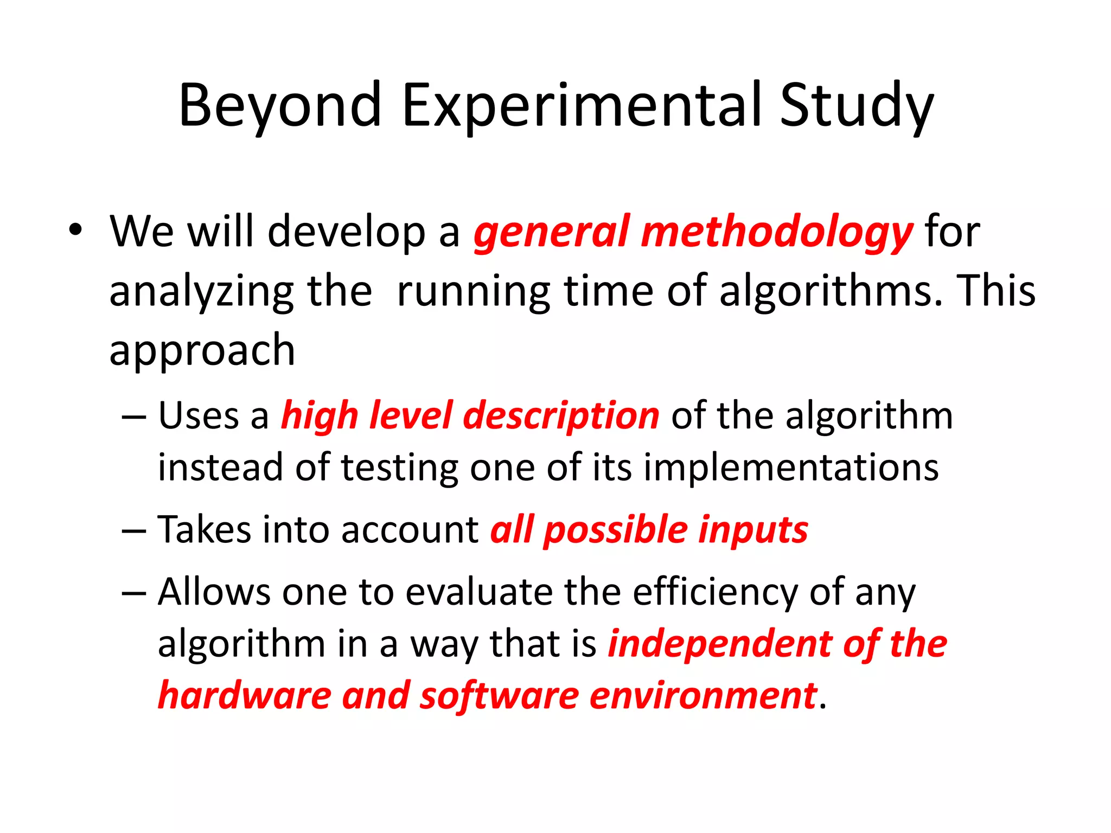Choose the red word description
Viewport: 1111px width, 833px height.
561,416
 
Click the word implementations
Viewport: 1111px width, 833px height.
791,467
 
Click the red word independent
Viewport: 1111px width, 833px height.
719,645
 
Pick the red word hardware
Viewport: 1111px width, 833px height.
245,696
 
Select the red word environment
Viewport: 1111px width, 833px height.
703,696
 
